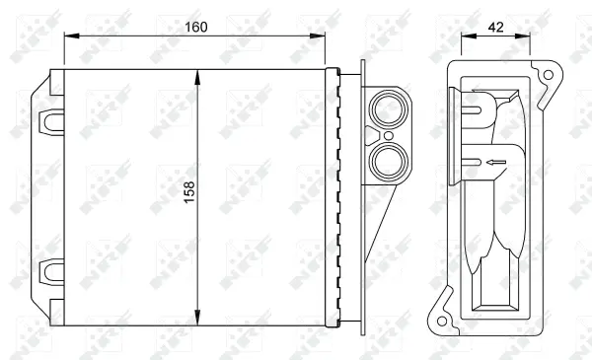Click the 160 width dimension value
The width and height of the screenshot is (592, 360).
[194, 28]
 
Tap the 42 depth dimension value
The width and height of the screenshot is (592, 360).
[495, 28]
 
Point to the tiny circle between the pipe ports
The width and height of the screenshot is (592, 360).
[388, 134]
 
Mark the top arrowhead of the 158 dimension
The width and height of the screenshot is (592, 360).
[200, 75]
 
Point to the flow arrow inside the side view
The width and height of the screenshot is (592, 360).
[494, 161]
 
